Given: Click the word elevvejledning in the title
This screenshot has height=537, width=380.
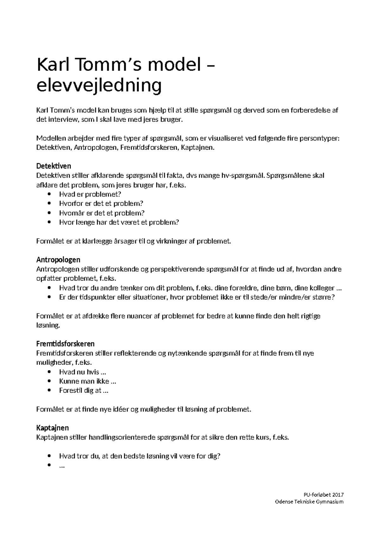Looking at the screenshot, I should click(x=99, y=85).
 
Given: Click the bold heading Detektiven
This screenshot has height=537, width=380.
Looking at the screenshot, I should click(x=54, y=166).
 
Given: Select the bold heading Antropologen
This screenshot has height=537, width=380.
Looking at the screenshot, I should click(x=58, y=260).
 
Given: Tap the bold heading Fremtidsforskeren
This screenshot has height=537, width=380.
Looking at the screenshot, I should click(x=65, y=344).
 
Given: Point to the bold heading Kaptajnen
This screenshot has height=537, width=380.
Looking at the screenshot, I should click(x=52, y=428).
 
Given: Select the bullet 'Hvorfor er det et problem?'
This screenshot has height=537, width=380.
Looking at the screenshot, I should click(x=101, y=203).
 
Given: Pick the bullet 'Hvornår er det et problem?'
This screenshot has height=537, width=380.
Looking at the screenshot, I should click(x=102, y=213).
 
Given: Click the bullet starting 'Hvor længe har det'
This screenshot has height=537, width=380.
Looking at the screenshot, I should click(x=119, y=222).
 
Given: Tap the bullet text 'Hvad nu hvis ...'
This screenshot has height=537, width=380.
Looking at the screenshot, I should click(x=82, y=372).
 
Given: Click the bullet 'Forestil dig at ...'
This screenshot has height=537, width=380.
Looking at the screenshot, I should click(x=84, y=390).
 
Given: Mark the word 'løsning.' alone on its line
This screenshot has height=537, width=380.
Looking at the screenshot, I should click(x=48, y=325).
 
